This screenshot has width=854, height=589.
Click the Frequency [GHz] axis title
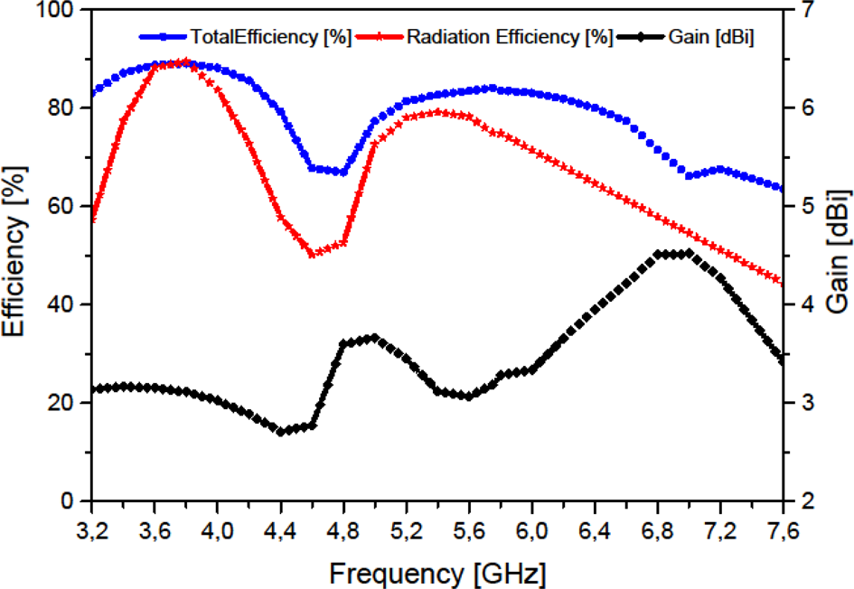coord(437,572)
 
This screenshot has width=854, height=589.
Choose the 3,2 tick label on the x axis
coord(91,526)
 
